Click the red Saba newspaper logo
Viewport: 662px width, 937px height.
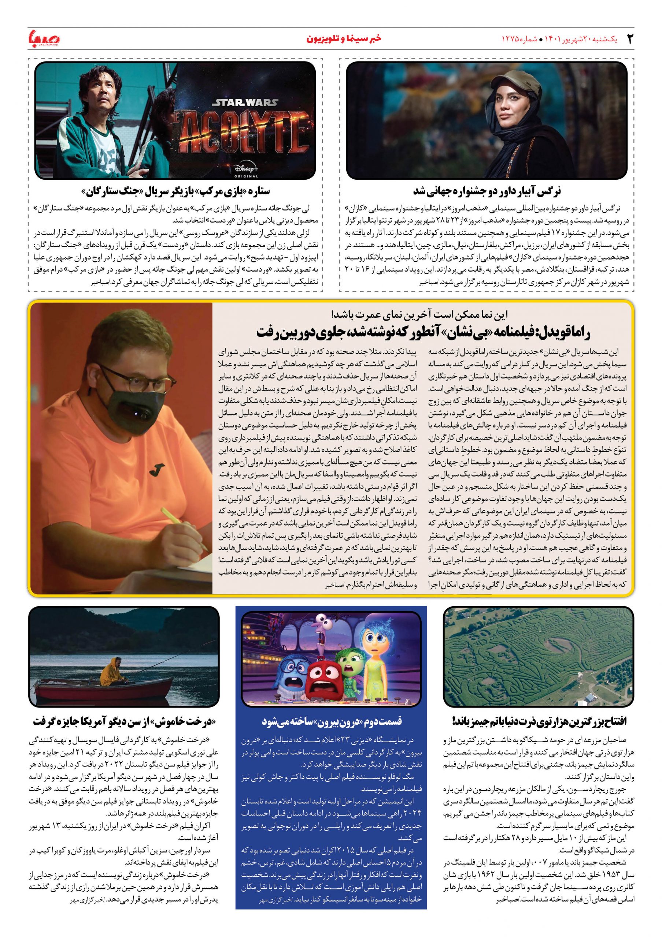44,40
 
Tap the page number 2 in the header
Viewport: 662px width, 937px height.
630,39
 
